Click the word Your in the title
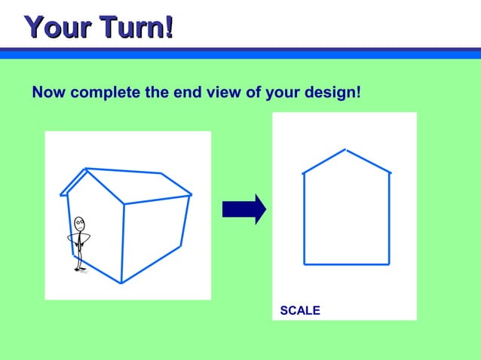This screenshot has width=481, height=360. coord(57,27)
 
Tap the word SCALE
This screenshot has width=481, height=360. coord(300,310)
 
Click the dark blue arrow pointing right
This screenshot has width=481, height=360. coord(244,209)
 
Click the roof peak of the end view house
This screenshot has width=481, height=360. coord(345,150)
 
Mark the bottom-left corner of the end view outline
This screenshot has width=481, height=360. coord(305,264)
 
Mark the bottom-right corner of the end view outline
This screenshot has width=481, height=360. coord(388,264)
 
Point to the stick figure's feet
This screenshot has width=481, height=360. coord(79,270)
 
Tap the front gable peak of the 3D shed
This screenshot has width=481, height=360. coord(87,169)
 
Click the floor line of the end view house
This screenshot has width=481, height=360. coord(347,264)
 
